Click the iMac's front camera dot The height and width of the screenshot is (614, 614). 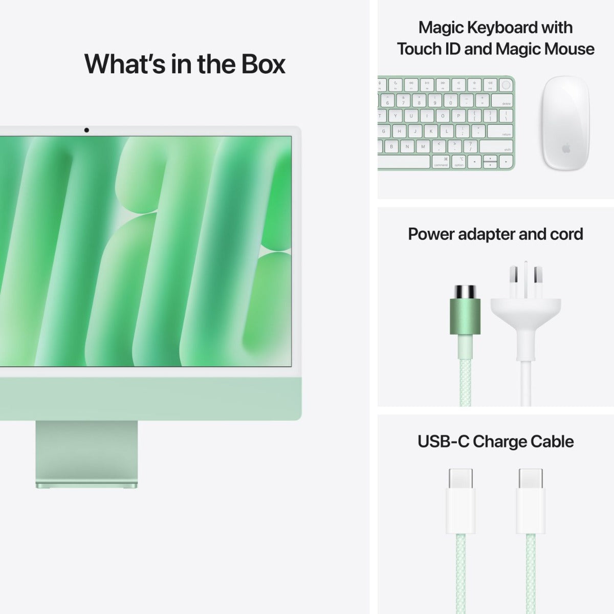click(86, 130)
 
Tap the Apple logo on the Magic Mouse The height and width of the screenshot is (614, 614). click(566, 148)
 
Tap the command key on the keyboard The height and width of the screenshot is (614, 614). click(440, 162)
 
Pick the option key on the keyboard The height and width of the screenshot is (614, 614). click(459, 162)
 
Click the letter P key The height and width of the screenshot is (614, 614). click(458, 116)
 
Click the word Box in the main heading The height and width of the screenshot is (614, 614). click(256, 63)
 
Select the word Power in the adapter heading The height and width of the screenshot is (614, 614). click(430, 234)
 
